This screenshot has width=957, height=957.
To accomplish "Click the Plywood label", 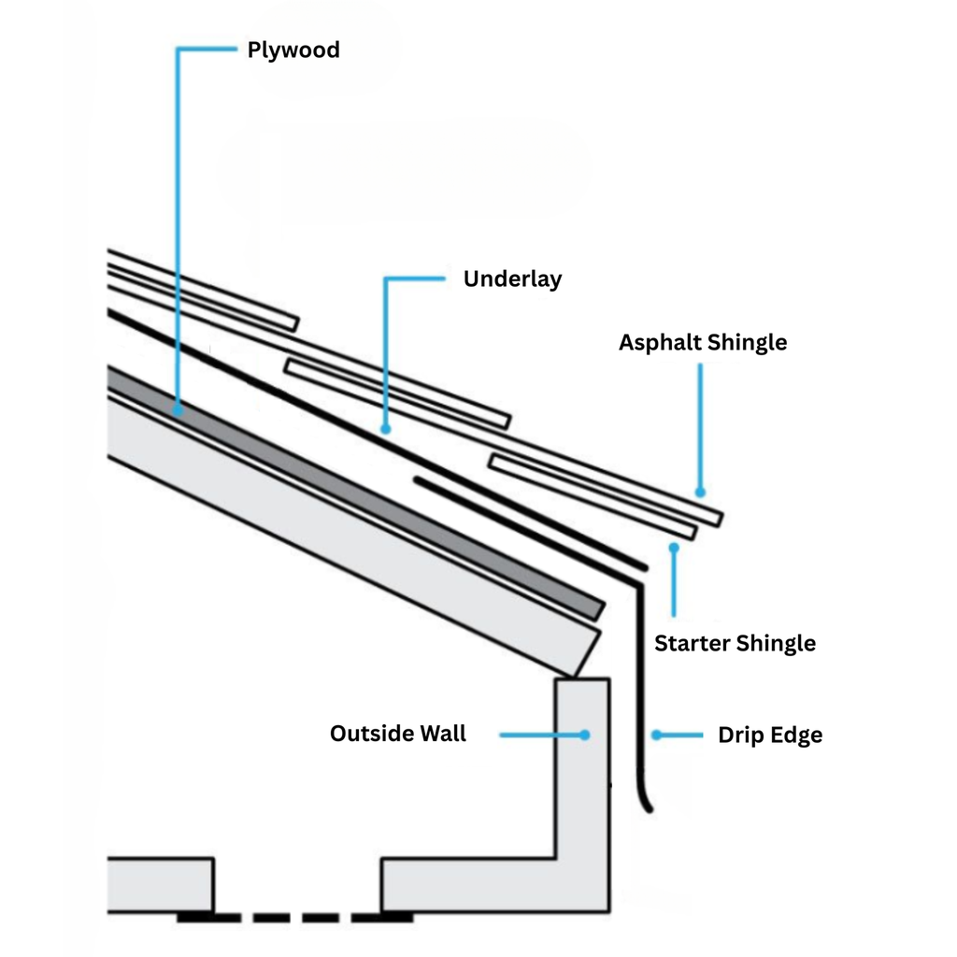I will tap(293, 50).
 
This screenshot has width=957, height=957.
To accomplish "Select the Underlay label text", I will tap(512, 279).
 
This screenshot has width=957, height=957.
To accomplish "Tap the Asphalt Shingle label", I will tap(702, 343).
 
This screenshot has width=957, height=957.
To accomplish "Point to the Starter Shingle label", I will tap(735, 644).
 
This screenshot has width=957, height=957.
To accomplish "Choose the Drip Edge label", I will tap(770, 736).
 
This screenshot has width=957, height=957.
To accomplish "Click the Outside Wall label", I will tap(398, 734).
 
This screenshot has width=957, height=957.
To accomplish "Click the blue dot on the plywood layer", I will tap(178, 408).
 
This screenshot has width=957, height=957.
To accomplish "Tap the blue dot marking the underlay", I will tap(385, 429).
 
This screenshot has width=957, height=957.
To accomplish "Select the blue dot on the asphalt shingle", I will tap(700, 492).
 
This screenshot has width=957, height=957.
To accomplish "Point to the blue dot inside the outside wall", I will tap(584, 736).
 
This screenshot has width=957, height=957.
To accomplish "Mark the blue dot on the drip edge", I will tap(656, 736).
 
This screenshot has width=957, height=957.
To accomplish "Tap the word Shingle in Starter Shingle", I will tap(775, 644).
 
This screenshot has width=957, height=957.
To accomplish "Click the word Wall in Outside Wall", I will tap(442, 734).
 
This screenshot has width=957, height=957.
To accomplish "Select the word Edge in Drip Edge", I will tap(797, 736).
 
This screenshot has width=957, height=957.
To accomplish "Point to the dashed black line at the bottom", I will tap(295, 918).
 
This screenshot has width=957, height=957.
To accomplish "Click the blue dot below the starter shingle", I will tap(673, 545).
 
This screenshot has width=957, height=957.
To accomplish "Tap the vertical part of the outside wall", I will tap(582, 776).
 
